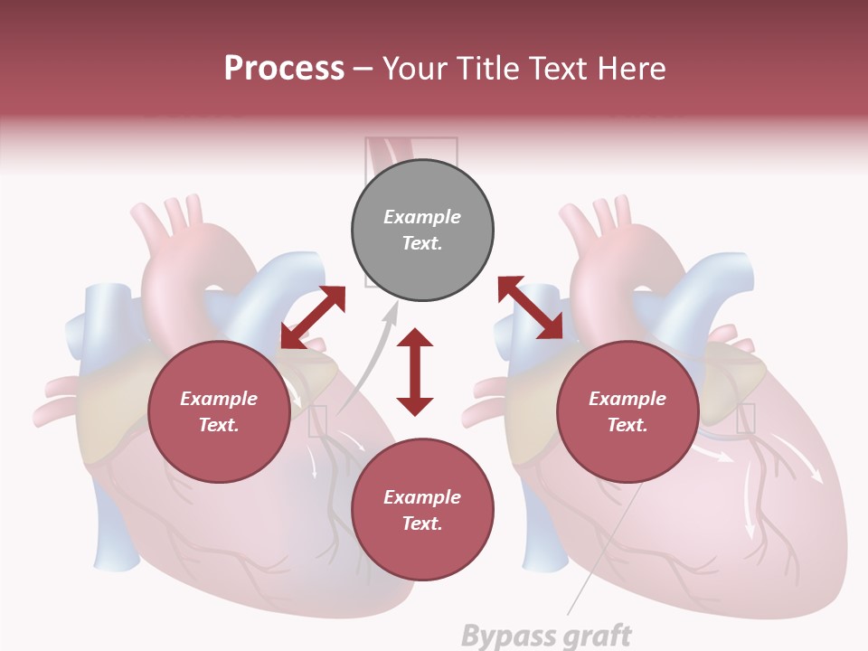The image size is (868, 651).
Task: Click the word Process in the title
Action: coord(284,69)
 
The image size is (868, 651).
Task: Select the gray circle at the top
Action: coord(422,230)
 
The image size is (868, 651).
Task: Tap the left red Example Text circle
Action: coord(219,411)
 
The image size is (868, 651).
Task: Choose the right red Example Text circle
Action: coord(627,411)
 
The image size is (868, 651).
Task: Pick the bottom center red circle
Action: coord(422,510)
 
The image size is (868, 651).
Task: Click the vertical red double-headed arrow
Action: coord(415,373)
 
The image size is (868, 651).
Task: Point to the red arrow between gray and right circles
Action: coord(530,307)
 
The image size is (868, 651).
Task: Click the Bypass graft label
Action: coord(546,635)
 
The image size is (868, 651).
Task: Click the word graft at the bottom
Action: coord(592,635)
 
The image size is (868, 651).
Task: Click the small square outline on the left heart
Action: coord(317,421)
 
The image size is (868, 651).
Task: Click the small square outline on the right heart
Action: coord(745,418)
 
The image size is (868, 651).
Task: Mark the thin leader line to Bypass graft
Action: coord(606,552)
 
